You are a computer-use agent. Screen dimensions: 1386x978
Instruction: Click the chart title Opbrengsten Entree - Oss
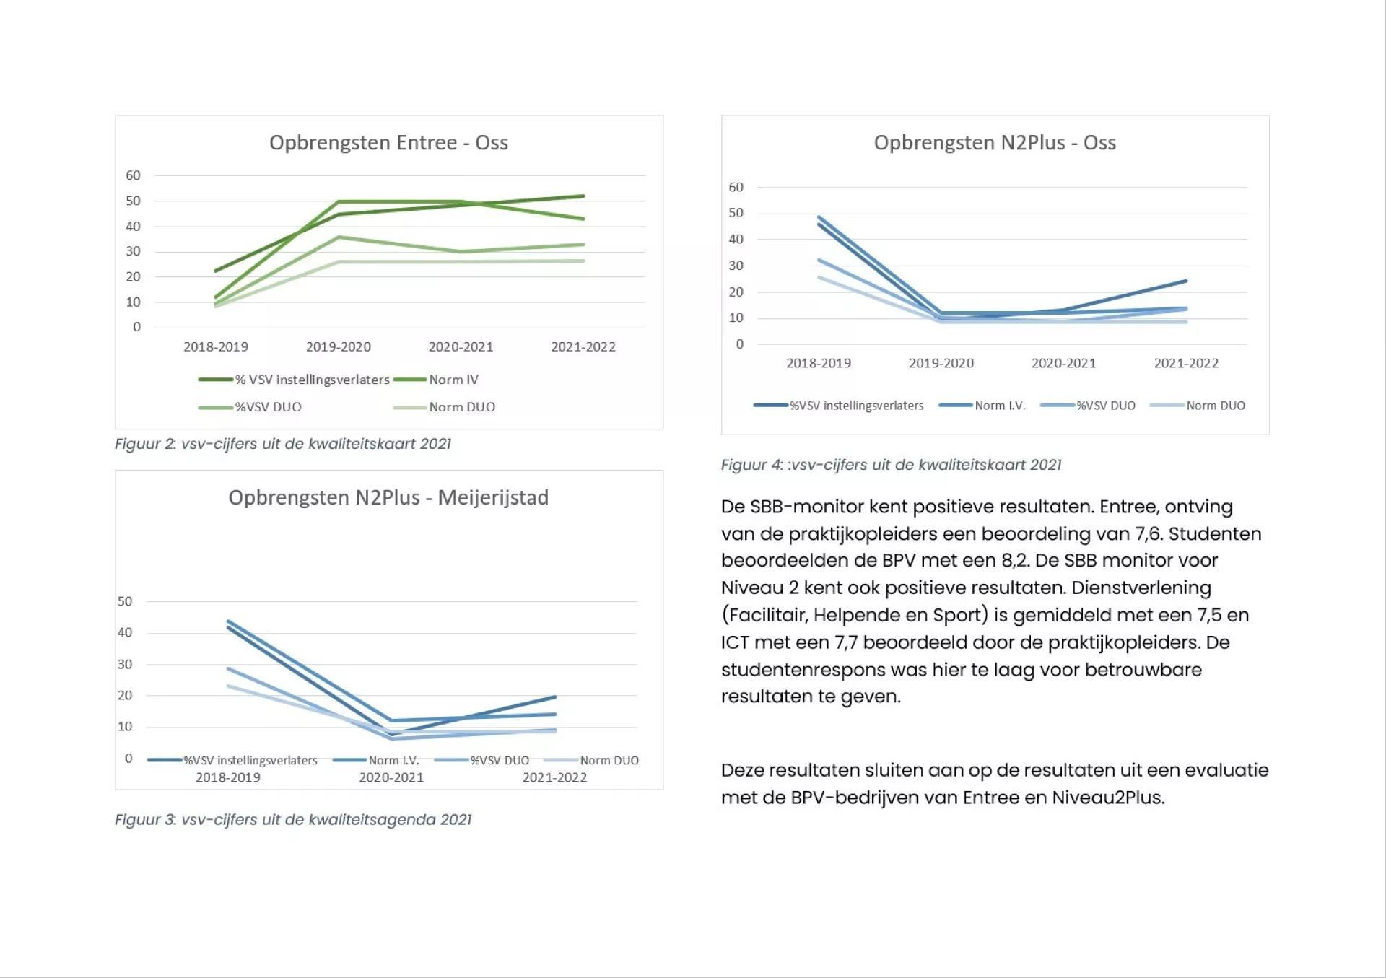tap(388, 143)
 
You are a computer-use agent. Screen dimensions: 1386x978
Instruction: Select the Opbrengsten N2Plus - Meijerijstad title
tap(388, 498)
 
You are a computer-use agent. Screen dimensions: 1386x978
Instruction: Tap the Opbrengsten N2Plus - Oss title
tap(995, 143)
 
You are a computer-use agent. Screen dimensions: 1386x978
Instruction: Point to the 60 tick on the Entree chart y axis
tap(133, 175)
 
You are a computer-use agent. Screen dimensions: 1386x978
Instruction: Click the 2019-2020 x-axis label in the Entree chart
tap(339, 347)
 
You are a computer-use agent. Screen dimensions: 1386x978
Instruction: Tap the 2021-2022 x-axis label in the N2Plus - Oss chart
tap(1186, 364)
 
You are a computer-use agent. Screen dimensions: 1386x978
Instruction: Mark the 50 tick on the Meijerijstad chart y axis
tap(125, 601)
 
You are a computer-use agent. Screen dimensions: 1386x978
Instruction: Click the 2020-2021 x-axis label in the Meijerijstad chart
tap(391, 778)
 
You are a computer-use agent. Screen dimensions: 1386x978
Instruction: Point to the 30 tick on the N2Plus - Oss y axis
tap(736, 266)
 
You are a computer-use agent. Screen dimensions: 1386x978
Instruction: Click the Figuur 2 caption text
tap(283, 444)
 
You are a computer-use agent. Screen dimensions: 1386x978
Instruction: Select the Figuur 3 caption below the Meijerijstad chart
tap(293, 820)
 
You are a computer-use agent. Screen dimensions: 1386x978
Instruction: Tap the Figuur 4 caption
tap(892, 465)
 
